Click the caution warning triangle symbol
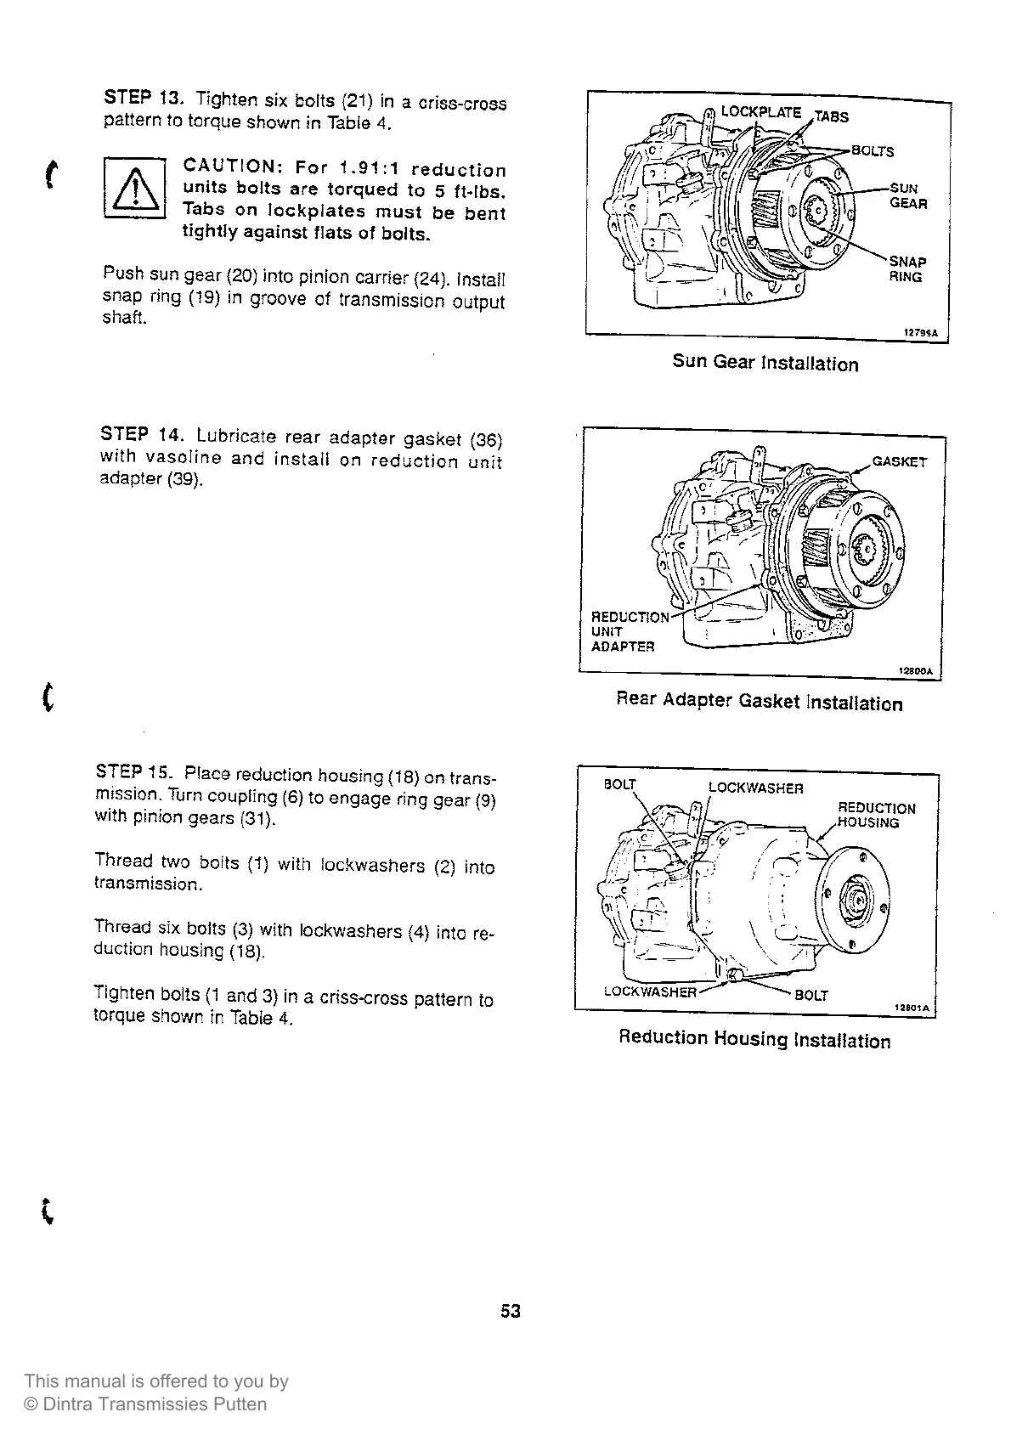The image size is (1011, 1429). (x=134, y=189)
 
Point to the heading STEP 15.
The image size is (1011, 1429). (x=134, y=772)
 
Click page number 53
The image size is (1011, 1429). (x=510, y=1311)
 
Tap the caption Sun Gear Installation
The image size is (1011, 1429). (x=765, y=363)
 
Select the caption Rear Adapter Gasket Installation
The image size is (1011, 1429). (x=759, y=702)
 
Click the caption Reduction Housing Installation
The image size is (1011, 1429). (x=754, y=1039)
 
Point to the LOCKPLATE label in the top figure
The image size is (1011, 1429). (x=760, y=112)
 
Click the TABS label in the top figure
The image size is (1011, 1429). (x=831, y=117)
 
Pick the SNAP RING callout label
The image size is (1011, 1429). (x=907, y=269)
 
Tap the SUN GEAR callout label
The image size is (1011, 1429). (x=907, y=195)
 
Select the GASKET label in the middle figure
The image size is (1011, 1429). (x=900, y=461)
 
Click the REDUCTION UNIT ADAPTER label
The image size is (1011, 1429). (x=629, y=631)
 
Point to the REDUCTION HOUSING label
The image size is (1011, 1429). (x=876, y=815)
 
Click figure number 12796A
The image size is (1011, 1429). (x=919, y=334)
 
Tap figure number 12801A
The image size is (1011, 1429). (x=912, y=1008)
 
